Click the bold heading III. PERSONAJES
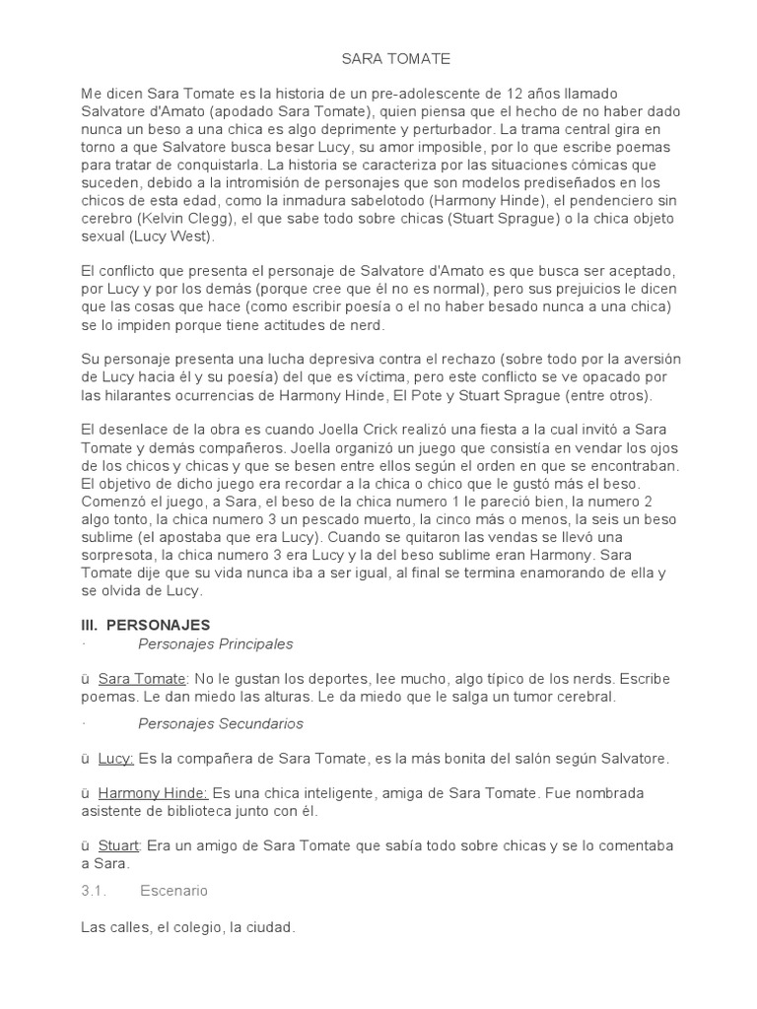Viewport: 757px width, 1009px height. pyautogui.click(x=145, y=625)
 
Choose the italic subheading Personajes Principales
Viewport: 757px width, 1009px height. pyautogui.click(x=216, y=643)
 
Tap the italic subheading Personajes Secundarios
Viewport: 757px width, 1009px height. pyautogui.click(x=220, y=723)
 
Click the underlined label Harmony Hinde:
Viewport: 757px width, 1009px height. pyautogui.click(x=153, y=793)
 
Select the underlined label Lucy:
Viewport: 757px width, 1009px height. pyautogui.click(x=116, y=759)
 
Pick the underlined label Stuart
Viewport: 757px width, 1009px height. pyautogui.click(x=118, y=845)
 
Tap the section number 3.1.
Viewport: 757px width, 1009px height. pyautogui.click(x=93, y=891)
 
